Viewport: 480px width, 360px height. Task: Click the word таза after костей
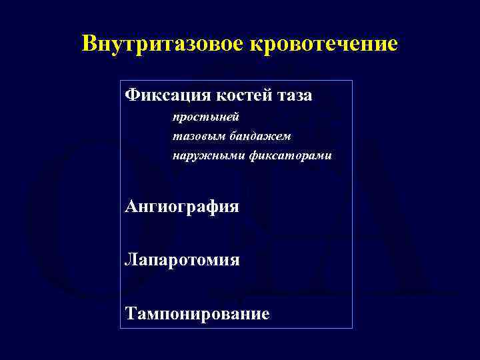click(x=293, y=96)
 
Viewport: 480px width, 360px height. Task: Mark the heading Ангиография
click(x=182, y=207)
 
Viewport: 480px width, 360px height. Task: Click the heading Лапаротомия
click(x=182, y=259)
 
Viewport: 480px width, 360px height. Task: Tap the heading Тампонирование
click(x=197, y=313)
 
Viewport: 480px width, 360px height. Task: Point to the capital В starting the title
click(x=88, y=44)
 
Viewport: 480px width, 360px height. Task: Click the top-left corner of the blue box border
click(x=121, y=81)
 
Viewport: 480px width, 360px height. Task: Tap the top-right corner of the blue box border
click(x=352, y=81)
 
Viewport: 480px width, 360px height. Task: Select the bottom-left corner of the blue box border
click(x=121, y=327)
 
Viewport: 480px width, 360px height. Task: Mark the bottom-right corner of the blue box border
click(x=352, y=327)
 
